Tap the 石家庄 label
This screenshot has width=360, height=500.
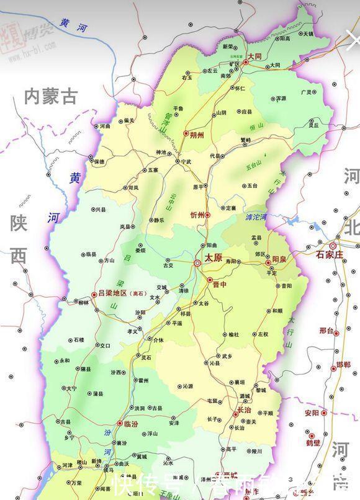click(x=330, y=254)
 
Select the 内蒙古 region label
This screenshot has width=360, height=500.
click(x=52, y=96)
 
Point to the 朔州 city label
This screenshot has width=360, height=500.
click(x=198, y=134)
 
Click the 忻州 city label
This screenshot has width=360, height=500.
click(x=197, y=215)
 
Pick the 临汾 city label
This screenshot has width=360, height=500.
click(x=132, y=424)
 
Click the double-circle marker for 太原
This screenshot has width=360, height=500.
click(x=197, y=263)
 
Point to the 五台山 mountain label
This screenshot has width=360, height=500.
click(x=254, y=166)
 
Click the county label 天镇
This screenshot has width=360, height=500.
click(x=308, y=33)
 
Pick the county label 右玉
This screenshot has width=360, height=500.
click(x=188, y=78)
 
